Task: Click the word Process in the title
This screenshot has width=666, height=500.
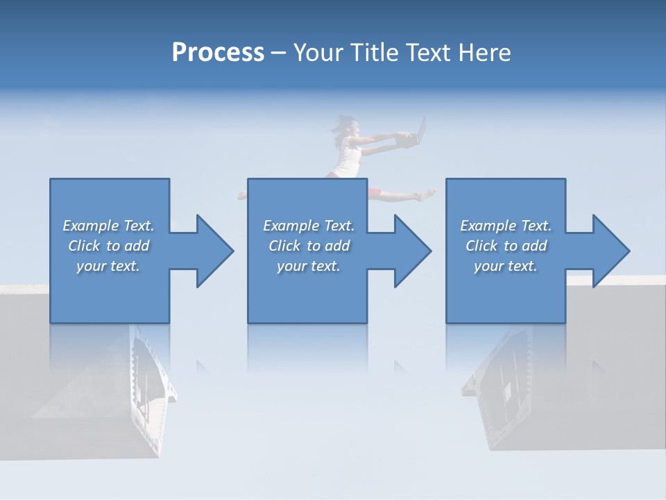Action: click(x=218, y=53)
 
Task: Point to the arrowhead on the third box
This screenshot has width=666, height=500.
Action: click(x=610, y=251)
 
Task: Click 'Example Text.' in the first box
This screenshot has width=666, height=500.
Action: click(x=108, y=226)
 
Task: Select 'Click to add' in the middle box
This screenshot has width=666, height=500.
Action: click(x=309, y=246)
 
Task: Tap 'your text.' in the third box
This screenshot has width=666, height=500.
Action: click(x=505, y=266)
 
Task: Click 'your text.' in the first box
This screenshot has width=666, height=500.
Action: click(x=108, y=266)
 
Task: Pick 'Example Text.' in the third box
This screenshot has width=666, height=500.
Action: click(x=505, y=226)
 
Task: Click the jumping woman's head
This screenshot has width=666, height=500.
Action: click(x=352, y=127)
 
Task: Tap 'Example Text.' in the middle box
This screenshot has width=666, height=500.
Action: click(x=309, y=226)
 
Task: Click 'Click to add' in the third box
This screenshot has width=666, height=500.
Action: click(x=506, y=246)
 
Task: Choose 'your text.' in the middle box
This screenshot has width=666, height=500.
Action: click(x=309, y=266)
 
